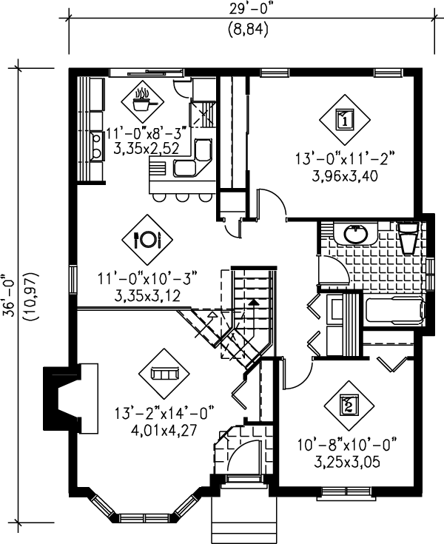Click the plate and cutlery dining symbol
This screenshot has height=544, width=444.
coord(146,239)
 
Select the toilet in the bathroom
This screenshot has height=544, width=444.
coord(407,237)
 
